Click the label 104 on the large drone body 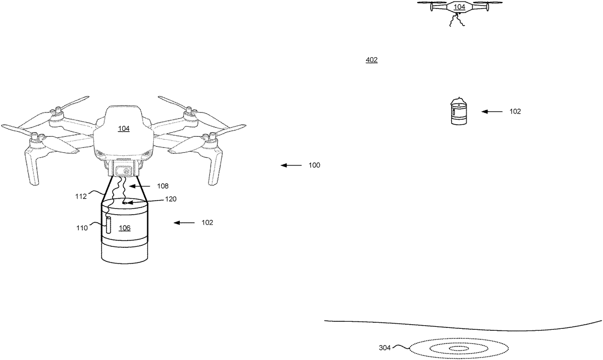coord(124,129)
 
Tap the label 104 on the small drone coord(459,7)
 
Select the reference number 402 coord(371,60)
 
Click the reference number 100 coord(314,165)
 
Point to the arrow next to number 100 coord(290,165)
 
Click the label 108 coord(162,186)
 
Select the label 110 coord(82,228)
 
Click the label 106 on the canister coord(125,228)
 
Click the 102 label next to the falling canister coord(515,112)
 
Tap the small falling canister coord(458,112)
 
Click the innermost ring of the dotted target coord(458,348)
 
